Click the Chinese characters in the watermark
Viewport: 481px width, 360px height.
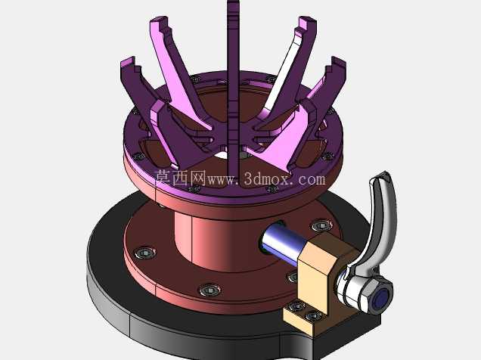(x=180, y=178)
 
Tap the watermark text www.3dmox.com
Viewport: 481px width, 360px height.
(x=266, y=178)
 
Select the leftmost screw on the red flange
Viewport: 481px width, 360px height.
(x=145, y=253)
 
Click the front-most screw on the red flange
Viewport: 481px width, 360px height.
(x=210, y=290)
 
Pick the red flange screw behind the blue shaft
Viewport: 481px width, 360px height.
(x=321, y=226)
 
